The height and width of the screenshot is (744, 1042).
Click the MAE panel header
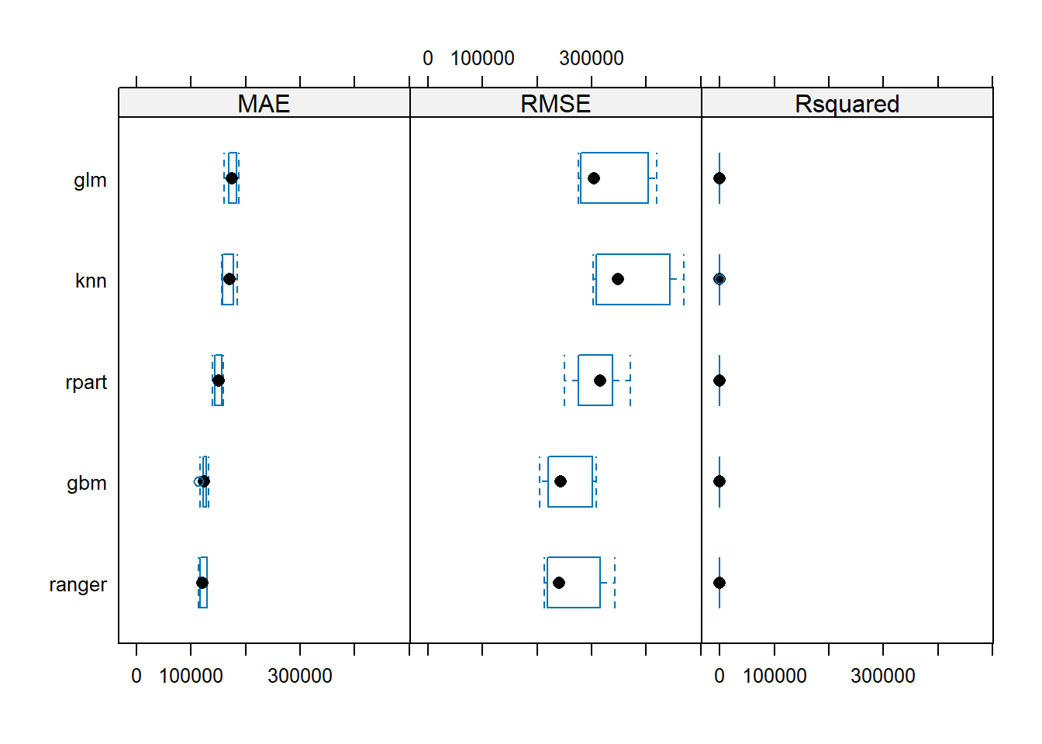pyautogui.click(x=264, y=103)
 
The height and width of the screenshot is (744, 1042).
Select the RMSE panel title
pyautogui.click(x=555, y=103)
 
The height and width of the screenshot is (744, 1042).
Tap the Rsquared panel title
pyautogui.click(x=847, y=103)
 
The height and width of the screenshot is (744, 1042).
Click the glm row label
pyautogui.click(x=90, y=180)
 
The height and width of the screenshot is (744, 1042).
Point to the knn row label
pyautogui.click(x=91, y=281)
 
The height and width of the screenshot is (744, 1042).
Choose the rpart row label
pyautogui.click(x=86, y=382)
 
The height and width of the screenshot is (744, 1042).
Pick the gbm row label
pyautogui.click(x=87, y=483)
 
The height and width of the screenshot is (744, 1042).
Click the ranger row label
pyautogui.click(x=78, y=584)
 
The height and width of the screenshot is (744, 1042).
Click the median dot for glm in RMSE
pyautogui.click(x=594, y=178)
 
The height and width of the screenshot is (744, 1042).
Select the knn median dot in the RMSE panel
pyautogui.click(x=618, y=279)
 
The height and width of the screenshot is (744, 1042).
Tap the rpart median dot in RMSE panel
pyautogui.click(x=600, y=381)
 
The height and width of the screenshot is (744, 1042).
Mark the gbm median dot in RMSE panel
pyautogui.click(x=561, y=481)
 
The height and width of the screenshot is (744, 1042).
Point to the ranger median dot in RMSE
pyautogui.click(x=559, y=583)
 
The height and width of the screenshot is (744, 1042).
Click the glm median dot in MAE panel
pyautogui.click(x=232, y=178)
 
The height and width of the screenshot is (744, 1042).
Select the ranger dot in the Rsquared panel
pyautogui.click(x=719, y=583)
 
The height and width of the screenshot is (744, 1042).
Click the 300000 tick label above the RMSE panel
pyautogui.click(x=592, y=58)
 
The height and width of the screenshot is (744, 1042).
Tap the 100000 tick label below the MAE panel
pyautogui.click(x=191, y=676)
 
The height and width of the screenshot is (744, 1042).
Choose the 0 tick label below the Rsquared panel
pyautogui.click(x=719, y=676)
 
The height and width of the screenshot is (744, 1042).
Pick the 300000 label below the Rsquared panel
pyautogui.click(x=883, y=676)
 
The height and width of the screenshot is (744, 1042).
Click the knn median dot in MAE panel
pyautogui.click(x=229, y=279)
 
